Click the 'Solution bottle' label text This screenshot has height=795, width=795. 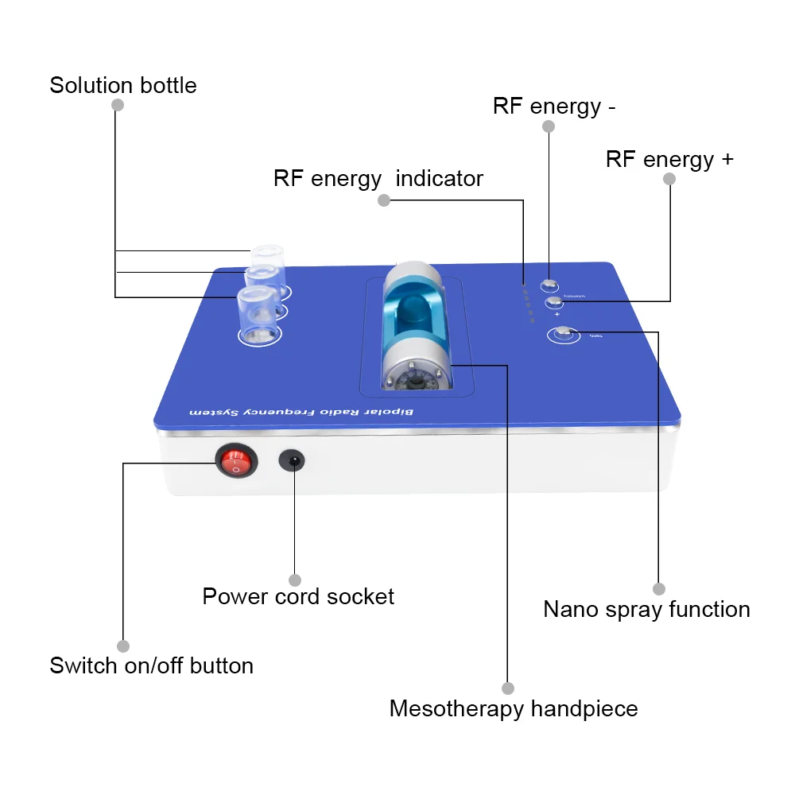tap(123, 85)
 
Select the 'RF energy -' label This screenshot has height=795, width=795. tap(554, 106)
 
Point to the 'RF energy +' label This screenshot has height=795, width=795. tap(669, 159)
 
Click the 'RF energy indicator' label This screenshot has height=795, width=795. tap(378, 178)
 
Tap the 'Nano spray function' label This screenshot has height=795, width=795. tap(646, 610)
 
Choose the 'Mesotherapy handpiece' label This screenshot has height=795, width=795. tap(514, 708)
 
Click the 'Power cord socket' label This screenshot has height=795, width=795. tap(298, 596)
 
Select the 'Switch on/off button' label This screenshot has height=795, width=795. tap(151, 665)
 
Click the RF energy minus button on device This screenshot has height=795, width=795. tap(549, 285)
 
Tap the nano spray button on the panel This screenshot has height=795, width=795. tap(564, 334)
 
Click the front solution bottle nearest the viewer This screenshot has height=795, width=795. tap(259, 314)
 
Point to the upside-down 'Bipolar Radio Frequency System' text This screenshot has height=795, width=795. tap(314, 411)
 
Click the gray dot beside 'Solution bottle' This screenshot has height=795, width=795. tap(117, 105)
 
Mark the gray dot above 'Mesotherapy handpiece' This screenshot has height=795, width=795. tap(508, 688)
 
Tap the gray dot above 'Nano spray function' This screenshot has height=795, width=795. tap(658, 589)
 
